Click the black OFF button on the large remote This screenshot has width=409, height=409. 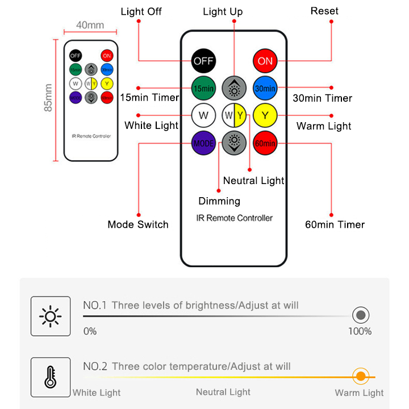[x=203, y=61]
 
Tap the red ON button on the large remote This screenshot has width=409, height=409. [x=265, y=61]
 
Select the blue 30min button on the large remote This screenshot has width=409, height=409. [x=265, y=88]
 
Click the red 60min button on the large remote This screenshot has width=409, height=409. [x=265, y=143]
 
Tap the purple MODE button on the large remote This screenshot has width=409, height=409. [x=203, y=143]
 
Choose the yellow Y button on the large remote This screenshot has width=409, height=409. [x=265, y=116]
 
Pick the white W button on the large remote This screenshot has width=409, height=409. [x=203, y=116]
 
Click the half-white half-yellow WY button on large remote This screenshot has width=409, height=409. [x=233, y=116]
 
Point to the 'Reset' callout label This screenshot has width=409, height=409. [x=324, y=11]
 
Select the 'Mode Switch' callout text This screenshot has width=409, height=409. [x=138, y=224]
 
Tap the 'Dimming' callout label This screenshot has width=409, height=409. [x=219, y=201]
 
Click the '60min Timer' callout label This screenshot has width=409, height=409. [x=335, y=224]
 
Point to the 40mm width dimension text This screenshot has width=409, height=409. [x=90, y=25]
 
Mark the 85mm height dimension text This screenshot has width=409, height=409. [x=49, y=98]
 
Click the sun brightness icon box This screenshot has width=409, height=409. [x=51, y=316]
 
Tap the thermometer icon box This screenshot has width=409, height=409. [x=51, y=377]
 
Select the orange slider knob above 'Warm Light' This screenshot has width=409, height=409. [x=360, y=376]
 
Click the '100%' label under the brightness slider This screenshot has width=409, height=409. [x=360, y=331]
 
